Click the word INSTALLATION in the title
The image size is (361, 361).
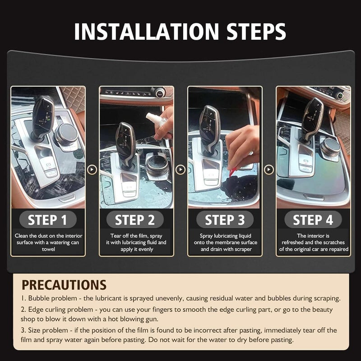tap(146, 31)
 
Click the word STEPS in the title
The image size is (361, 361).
tap(256, 31)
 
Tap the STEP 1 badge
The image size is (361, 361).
tap(48, 220)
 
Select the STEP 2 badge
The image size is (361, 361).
tap(135, 220)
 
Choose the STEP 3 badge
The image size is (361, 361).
tap(225, 220)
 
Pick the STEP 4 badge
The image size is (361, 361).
tap(313, 220)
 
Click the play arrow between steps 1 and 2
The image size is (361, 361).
tap(92, 170)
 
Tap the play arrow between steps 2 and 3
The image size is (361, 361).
tap(180, 170)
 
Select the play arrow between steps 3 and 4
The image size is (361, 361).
tap(269, 170)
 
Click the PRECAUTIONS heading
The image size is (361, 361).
tap(64, 285)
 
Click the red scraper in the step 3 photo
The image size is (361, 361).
tap(232, 172)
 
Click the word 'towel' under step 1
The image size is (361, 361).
tap(48, 249)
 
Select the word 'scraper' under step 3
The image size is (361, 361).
tap(243, 250)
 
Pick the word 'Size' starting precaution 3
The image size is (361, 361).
tap(34, 330)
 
